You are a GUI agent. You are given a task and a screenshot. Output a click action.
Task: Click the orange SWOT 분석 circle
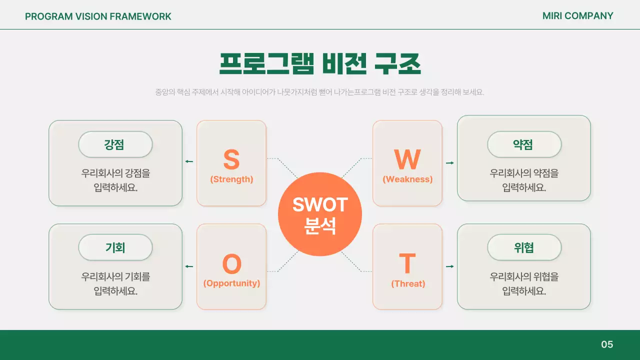[320, 214]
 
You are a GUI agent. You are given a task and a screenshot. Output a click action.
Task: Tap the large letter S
[231, 159]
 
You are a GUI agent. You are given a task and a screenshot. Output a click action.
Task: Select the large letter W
[407, 159]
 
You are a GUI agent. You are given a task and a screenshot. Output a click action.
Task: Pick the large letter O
[231, 264]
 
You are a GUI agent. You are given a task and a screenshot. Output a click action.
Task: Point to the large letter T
[407, 263]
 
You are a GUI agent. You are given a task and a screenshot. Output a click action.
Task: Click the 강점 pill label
[115, 144]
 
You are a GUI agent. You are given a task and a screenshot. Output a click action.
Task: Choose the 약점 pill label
[524, 144]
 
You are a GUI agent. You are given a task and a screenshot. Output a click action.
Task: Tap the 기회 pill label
[115, 247]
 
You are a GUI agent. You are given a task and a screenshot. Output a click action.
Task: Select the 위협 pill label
[524, 247]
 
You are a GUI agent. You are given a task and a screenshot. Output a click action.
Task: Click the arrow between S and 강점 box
[189, 161]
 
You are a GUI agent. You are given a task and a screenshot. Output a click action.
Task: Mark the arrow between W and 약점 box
[450, 163]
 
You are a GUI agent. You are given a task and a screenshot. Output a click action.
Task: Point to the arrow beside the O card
[189, 266]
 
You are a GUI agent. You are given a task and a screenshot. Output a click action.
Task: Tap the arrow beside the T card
[450, 266]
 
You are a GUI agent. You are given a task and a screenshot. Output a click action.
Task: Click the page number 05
[607, 344]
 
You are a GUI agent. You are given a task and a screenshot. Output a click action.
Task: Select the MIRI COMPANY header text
[577, 16]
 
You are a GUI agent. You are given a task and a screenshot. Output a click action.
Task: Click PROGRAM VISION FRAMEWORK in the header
[98, 16]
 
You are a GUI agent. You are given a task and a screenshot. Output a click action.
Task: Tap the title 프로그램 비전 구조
[320, 63]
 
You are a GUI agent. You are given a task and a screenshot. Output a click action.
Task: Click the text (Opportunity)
[231, 283]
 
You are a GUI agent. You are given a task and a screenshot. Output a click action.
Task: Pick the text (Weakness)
[407, 179]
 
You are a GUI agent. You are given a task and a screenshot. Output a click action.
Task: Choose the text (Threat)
[408, 284]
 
